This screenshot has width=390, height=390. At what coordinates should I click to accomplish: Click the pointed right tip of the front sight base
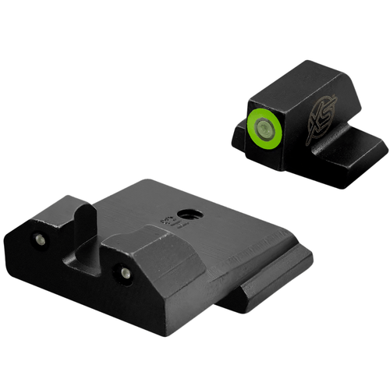tap(385, 144)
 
